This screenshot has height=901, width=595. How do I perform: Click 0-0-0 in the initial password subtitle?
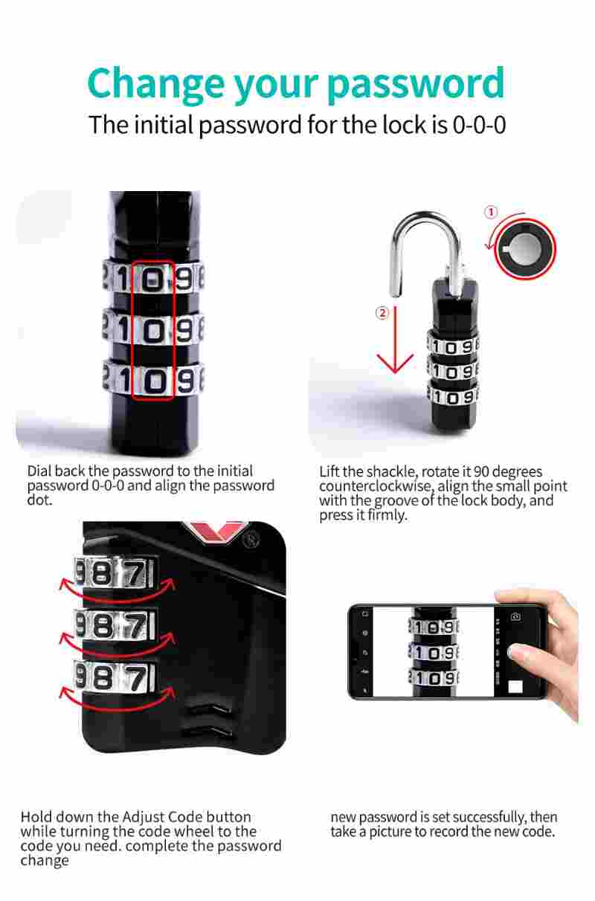pos(479,125)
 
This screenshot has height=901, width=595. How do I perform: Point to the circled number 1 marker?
pos(490,212)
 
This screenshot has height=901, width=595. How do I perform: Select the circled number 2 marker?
pos(382,312)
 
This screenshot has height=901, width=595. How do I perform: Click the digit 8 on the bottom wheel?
pos(103,677)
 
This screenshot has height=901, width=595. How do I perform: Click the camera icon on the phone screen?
pos(515,616)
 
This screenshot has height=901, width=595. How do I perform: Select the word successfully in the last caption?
pos(478,817)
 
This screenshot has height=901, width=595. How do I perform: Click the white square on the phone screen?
pos(515,687)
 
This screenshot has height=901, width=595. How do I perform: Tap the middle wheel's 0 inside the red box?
pos(153,331)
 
